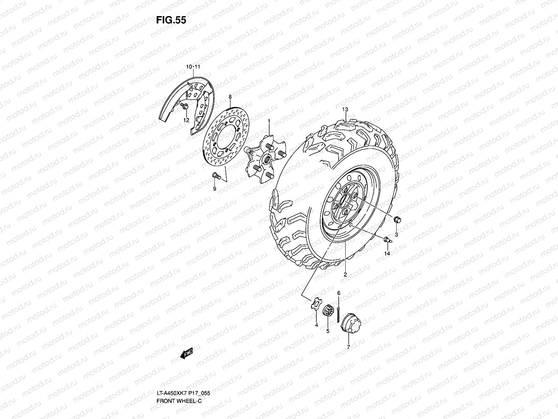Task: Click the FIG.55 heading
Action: click(171, 20)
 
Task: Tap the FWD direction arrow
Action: click(186, 353)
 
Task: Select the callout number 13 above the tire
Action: click(345, 109)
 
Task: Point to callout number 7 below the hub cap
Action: click(348, 347)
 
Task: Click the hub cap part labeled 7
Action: click(350, 323)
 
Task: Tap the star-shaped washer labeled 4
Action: click(316, 303)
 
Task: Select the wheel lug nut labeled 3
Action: click(397, 220)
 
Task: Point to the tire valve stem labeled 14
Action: click(388, 240)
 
